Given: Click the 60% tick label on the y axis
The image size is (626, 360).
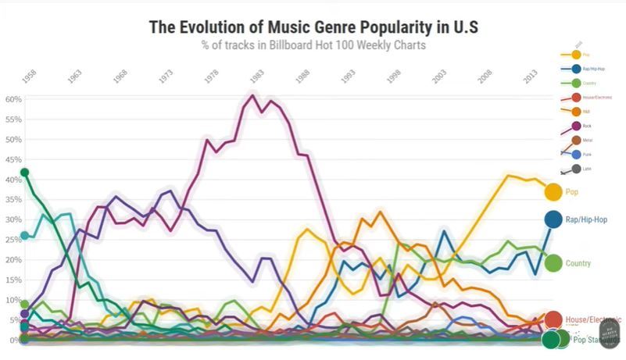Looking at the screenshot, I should coord(13,100).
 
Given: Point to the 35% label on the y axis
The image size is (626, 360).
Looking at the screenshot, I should coord(13,200).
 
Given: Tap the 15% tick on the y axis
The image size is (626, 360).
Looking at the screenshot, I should coord(13,280).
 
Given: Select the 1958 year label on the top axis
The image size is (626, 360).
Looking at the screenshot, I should coord(30,77).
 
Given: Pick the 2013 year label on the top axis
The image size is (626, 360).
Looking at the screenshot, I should coord(529,77).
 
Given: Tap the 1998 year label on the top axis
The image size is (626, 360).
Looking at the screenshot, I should coord(393,77).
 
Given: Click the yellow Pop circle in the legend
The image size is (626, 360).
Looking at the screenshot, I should coord(576,55).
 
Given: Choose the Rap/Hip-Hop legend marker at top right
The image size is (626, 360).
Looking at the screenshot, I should coord(576,69).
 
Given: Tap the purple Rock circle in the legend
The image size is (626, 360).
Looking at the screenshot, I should coord(576,126).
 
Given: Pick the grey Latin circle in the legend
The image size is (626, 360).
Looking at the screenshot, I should coord(576,169).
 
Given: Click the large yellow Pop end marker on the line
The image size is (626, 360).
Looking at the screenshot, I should coord(553,191).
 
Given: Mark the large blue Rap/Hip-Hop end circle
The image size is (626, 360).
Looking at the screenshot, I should coord(553,220).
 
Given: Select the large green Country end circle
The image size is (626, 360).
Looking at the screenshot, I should coord(553,264).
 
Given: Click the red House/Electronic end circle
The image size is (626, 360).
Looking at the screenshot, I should coord(553,319).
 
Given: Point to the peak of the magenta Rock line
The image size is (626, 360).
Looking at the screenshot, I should coord(252,95).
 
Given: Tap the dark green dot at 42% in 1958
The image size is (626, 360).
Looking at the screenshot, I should coord(25,172).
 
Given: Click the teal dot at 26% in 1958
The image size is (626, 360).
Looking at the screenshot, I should coord(25,235).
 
